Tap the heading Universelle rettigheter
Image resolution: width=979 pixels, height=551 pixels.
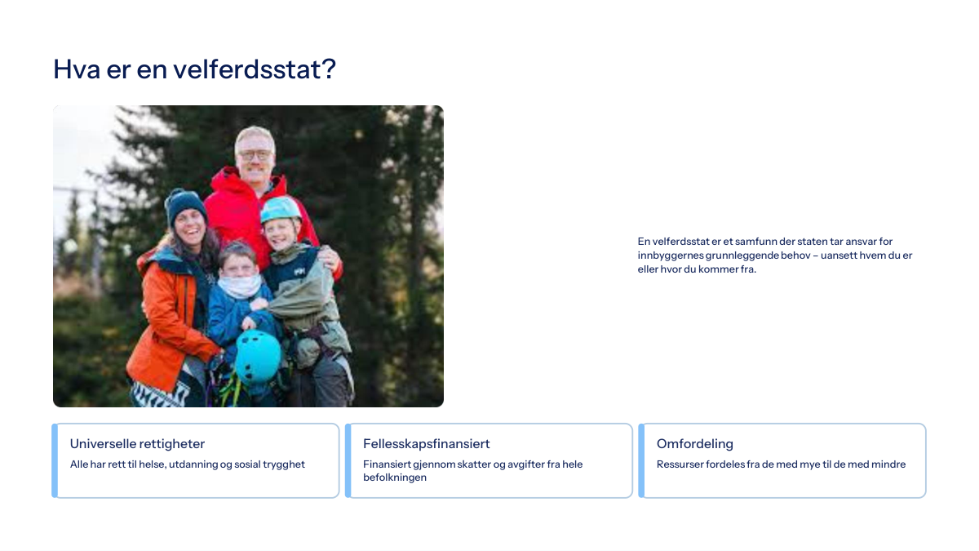137,444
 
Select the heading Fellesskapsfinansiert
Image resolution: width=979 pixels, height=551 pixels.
426,444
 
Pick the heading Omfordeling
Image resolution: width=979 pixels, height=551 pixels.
694,444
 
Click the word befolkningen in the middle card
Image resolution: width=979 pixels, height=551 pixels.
395,478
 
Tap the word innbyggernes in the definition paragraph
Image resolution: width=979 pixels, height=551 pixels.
670,256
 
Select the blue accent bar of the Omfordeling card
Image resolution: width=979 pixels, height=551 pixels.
641,460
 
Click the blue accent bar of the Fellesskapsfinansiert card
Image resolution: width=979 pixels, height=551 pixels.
348,460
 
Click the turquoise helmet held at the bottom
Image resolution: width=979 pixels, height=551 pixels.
258,357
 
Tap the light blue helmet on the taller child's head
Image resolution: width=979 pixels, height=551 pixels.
281,209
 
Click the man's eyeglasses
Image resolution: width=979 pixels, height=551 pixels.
255,155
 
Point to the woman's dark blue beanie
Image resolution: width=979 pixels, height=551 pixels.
185,206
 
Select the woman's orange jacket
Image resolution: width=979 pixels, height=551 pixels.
168,319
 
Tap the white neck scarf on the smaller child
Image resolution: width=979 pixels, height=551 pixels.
240,286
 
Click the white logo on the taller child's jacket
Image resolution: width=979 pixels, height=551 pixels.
299,272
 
